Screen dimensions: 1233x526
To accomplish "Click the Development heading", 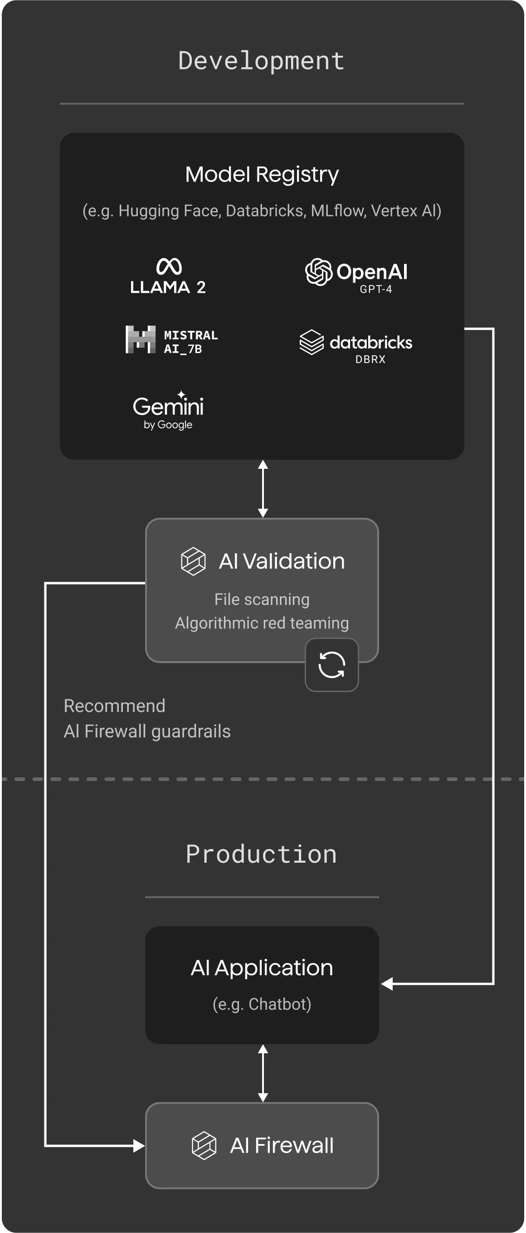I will tap(261, 61).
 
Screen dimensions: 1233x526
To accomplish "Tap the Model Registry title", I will tap(262, 174).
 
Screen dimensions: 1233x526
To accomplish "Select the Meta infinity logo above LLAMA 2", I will tap(169, 266).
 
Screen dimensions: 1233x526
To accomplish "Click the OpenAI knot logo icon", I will tap(318, 272).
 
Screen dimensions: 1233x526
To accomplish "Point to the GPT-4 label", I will tap(376, 289).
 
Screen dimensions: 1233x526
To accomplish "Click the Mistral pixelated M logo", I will tap(140, 339).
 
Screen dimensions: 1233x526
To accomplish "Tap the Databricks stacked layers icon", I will tap(312, 342).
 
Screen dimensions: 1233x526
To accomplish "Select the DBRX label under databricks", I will tap(370, 359).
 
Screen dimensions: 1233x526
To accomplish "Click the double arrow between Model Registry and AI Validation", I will tap(263, 489).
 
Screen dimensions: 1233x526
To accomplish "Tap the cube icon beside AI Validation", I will tap(193, 561).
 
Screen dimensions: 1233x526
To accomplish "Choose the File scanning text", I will tap(262, 599).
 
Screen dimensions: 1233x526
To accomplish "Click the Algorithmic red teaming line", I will tap(262, 623).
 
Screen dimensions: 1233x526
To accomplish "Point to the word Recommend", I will tap(114, 706).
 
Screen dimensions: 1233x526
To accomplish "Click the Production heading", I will tap(261, 855).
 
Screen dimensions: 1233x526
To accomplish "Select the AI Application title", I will tap(262, 968).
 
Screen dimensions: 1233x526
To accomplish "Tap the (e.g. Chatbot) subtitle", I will tap(262, 1004).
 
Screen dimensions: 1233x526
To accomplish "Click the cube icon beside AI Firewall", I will tap(204, 1145).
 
